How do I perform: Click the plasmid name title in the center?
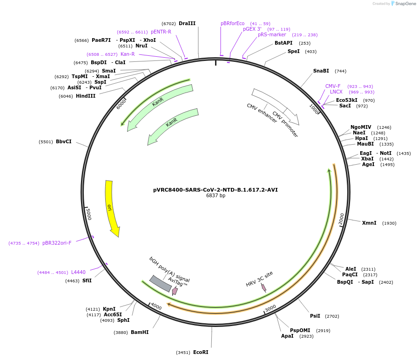click(x=216, y=190)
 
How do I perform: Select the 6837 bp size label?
click(x=216, y=196)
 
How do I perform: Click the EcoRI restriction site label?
click(x=201, y=352)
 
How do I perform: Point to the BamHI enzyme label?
click(x=140, y=332)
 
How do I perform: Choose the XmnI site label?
click(x=369, y=223)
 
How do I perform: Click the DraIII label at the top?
click(x=187, y=23)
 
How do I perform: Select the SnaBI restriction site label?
click(x=321, y=71)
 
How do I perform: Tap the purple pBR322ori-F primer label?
click(x=57, y=243)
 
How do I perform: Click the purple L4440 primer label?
click(x=78, y=272)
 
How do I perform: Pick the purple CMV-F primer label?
click(x=333, y=86)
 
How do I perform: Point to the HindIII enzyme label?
click(x=86, y=96)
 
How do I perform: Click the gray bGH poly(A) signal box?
click(x=160, y=284)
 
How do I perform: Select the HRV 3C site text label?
click(x=259, y=279)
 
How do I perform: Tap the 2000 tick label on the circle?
click(x=342, y=219)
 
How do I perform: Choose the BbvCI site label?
click(x=64, y=141)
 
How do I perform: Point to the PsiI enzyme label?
click(x=315, y=316)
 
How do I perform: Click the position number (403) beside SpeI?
click(x=310, y=52)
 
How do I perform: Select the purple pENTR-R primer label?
click(x=161, y=32)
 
